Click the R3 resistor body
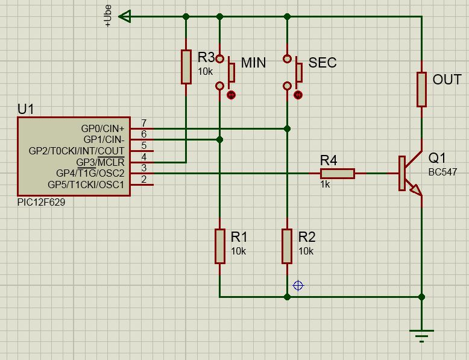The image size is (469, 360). click(186, 67)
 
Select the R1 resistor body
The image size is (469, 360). click(220, 246)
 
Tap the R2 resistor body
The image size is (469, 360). click(287, 246)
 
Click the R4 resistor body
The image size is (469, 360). click(338, 174)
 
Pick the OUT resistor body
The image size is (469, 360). click(421, 89)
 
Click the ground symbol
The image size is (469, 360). click(421, 336)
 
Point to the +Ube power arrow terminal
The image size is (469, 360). click(125, 16)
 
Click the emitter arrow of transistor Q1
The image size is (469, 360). click(416, 190)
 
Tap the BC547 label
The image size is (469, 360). click(442, 172)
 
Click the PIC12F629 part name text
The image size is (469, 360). click(41, 202)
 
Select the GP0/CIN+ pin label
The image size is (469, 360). click(102, 128)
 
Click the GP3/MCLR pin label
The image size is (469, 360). click(100, 162)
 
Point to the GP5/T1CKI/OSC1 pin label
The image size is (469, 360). click(86, 185)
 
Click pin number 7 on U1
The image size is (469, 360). click(144, 123)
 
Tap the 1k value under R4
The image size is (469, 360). click(325, 185)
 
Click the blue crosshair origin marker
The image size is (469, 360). click(298, 285)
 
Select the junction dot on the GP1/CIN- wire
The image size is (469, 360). click(220, 139)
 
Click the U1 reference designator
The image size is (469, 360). click(26, 109)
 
